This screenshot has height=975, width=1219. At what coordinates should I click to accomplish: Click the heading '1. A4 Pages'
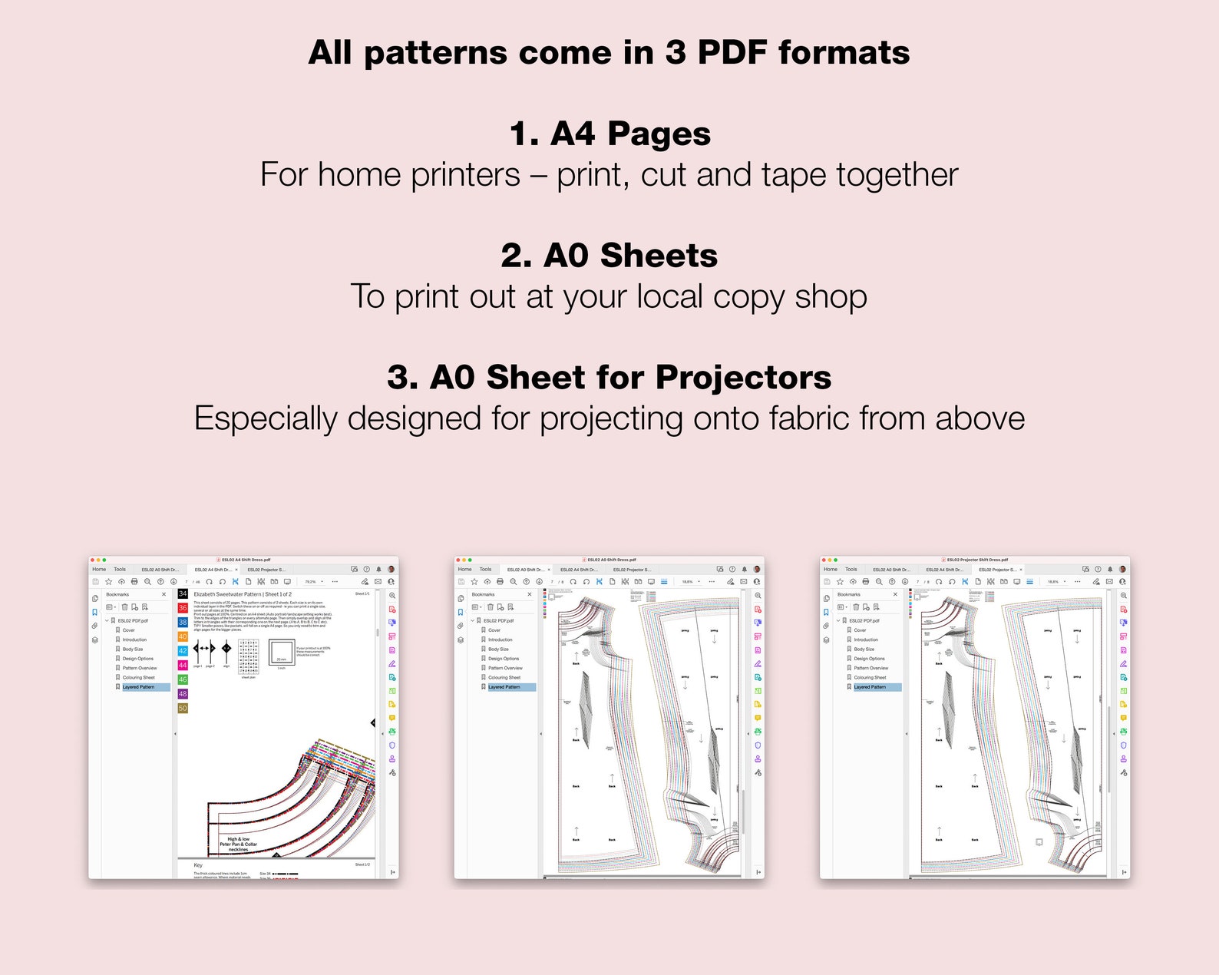(x=609, y=134)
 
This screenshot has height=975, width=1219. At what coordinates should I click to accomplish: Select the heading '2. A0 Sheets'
(x=609, y=256)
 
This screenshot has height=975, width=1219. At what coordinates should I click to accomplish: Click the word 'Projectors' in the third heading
(x=743, y=378)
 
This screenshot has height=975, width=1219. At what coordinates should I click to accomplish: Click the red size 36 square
(x=183, y=608)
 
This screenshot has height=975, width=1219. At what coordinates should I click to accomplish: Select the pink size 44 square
(x=183, y=666)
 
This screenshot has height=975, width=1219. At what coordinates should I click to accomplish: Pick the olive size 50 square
(x=183, y=709)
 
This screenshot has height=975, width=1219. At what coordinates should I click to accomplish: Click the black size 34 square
(x=183, y=594)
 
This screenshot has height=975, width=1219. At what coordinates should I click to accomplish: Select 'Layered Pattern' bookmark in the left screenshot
(x=138, y=687)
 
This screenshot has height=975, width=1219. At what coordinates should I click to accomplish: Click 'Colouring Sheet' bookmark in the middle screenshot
(x=504, y=678)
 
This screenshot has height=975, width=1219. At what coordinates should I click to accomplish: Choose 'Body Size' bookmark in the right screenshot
(x=864, y=649)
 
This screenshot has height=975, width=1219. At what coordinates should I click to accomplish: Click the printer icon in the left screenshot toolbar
(x=134, y=582)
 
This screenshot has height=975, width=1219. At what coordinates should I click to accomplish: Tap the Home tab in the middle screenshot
(x=464, y=570)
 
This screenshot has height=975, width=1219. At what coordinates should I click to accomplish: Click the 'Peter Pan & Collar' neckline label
(x=238, y=844)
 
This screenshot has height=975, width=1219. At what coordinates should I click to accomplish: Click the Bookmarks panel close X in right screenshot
(x=895, y=594)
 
